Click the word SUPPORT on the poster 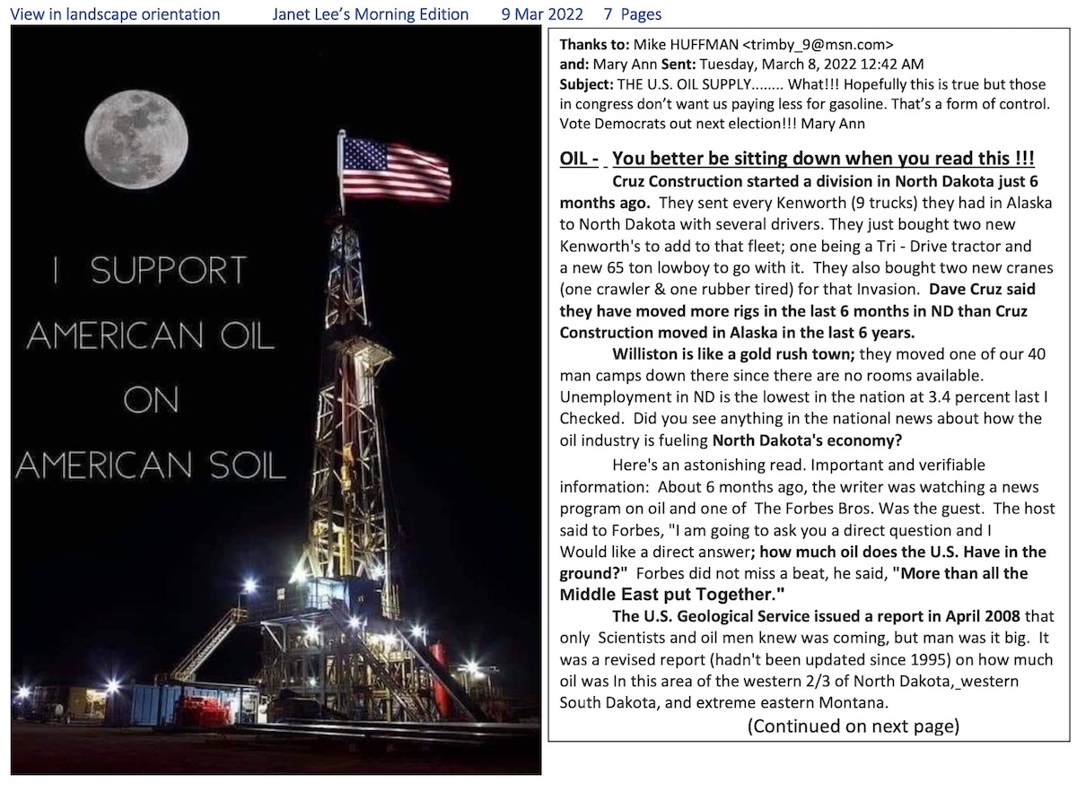click(169, 271)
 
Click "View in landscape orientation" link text click(115, 13)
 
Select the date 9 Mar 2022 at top click(543, 13)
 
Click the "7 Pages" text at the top click(633, 13)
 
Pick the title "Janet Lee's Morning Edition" click(371, 13)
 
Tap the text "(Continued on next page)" click(853, 727)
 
